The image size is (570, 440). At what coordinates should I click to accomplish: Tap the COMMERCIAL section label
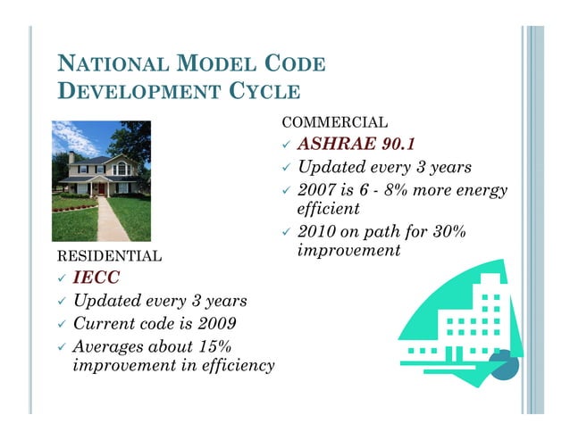(x=335, y=122)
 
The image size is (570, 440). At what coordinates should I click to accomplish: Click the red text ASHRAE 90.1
(x=356, y=145)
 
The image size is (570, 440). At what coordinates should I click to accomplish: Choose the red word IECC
(x=96, y=279)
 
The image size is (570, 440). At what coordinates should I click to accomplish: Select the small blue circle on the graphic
(x=506, y=365)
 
